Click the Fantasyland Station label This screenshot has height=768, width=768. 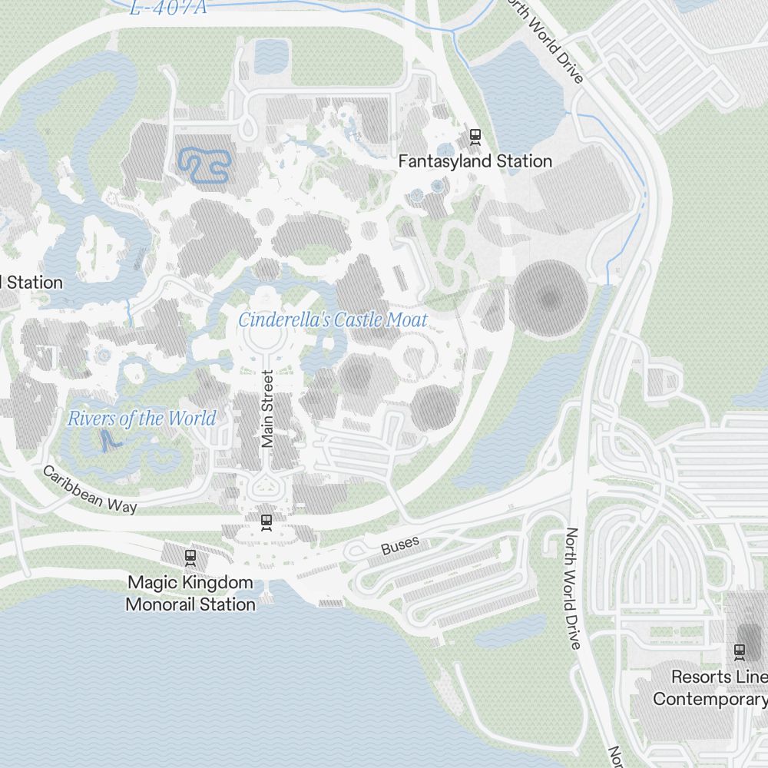[475, 161]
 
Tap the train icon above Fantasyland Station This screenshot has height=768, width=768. [475, 137]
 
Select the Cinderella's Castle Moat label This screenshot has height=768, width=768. [333, 320]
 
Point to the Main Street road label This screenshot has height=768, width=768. [267, 409]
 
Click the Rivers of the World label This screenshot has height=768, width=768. [141, 419]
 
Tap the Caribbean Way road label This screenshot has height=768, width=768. [90, 489]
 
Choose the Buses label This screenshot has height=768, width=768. [400, 545]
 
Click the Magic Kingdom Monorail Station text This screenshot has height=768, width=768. [190, 594]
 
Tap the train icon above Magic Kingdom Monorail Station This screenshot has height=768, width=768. [190, 557]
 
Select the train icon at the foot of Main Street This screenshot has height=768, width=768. [266, 521]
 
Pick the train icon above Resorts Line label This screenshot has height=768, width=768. [740, 651]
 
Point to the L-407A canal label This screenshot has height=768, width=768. [168, 8]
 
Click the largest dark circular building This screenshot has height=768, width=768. [550, 300]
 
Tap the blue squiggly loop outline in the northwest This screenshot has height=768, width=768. [204, 165]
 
